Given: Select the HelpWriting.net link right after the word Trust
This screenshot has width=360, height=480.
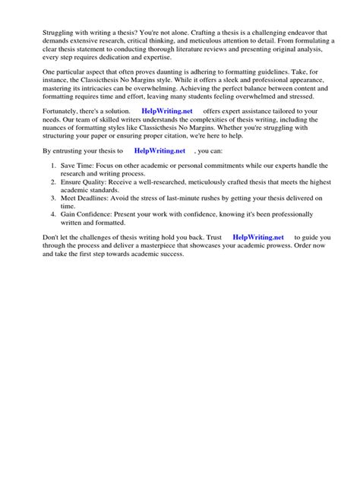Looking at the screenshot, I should point(257,238).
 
